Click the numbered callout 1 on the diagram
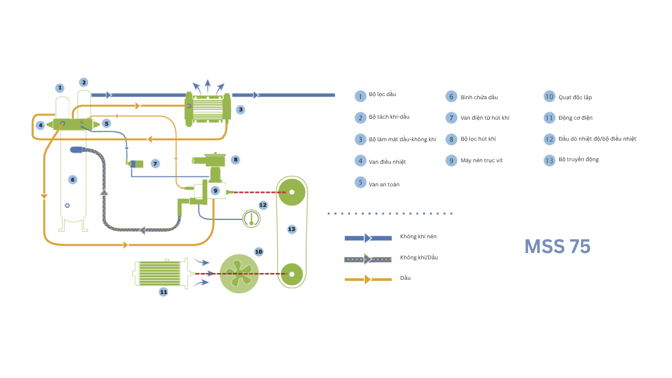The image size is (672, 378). click(x=60, y=88)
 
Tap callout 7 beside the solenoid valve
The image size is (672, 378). click(x=155, y=164)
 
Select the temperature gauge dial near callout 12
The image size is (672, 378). click(x=251, y=218)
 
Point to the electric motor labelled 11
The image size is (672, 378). click(x=160, y=273)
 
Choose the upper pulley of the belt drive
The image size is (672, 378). click(x=291, y=192)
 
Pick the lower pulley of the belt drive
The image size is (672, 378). click(x=291, y=274)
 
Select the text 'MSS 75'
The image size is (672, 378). click(x=557, y=246)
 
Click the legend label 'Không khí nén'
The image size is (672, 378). click(x=418, y=237)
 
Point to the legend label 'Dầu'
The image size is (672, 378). click(x=405, y=278)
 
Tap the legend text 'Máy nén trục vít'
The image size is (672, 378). click(x=481, y=160)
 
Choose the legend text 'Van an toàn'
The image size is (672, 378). click(x=384, y=184)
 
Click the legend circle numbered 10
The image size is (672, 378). click(x=549, y=97)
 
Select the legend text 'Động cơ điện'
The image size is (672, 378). click(x=575, y=118)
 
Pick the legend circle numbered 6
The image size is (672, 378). click(x=451, y=97)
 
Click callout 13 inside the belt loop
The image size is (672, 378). click(x=291, y=229)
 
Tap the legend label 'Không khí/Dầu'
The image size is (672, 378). click(x=419, y=257)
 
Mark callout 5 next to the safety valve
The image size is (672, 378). click(x=107, y=123)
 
